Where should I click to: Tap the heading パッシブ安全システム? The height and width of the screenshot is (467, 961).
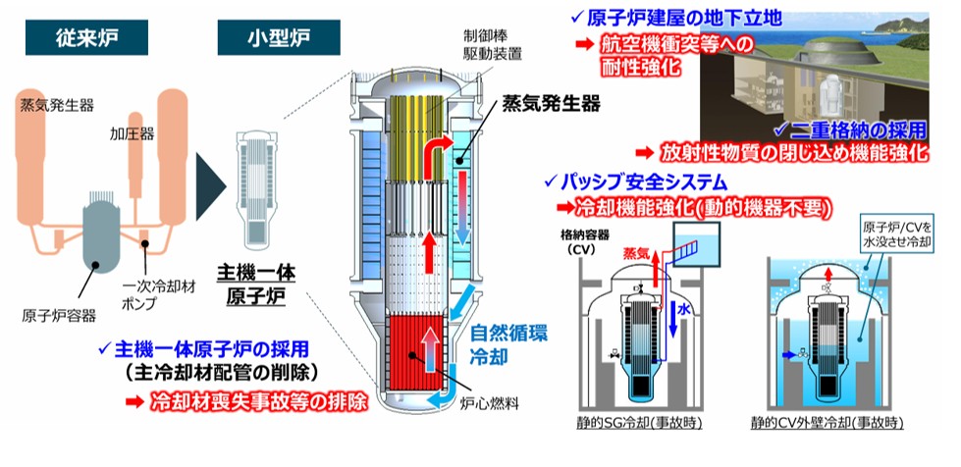(644, 182)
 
